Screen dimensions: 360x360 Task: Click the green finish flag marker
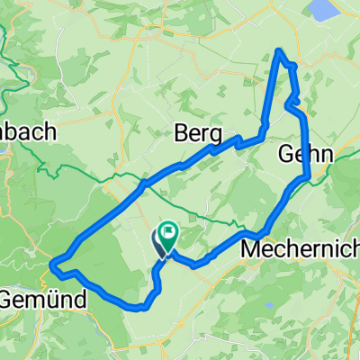167,237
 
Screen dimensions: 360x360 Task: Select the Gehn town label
306,153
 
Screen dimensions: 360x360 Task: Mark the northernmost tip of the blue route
281,49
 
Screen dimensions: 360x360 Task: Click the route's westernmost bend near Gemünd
52,265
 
